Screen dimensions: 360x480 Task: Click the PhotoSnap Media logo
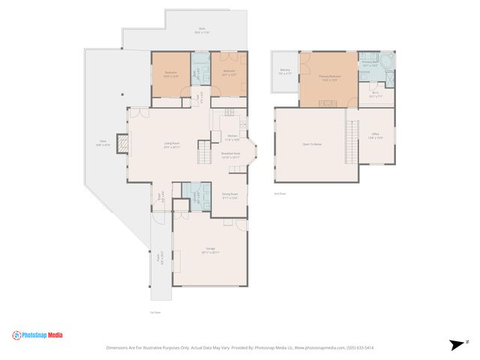[37, 335]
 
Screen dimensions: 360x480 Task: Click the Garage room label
[210, 250]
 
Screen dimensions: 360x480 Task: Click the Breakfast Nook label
[230, 155]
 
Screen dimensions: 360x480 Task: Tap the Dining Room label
[229, 196]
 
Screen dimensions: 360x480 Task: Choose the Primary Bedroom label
[328, 76]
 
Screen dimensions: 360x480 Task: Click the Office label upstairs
[375, 136]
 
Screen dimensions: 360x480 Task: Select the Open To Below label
[312, 144]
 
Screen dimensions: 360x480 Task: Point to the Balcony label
[286, 72]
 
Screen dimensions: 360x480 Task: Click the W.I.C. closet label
[376, 94]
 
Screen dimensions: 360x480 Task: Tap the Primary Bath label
[370, 63]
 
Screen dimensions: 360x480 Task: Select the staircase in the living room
[203, 154]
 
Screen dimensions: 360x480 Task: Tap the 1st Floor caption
[155, 312]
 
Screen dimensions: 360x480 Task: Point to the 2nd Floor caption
[280, 193]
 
